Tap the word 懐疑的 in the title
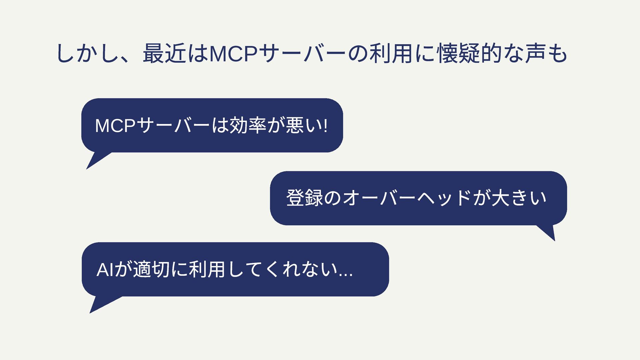point(469,54)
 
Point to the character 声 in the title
point(535,54)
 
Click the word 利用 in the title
point(391,54)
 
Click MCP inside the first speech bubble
point(115,126)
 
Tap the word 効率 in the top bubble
point(247,125)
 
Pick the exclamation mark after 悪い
point(326,126)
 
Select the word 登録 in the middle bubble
point(304,198)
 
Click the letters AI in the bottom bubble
point(105,270)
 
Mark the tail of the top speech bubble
point(95,161)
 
